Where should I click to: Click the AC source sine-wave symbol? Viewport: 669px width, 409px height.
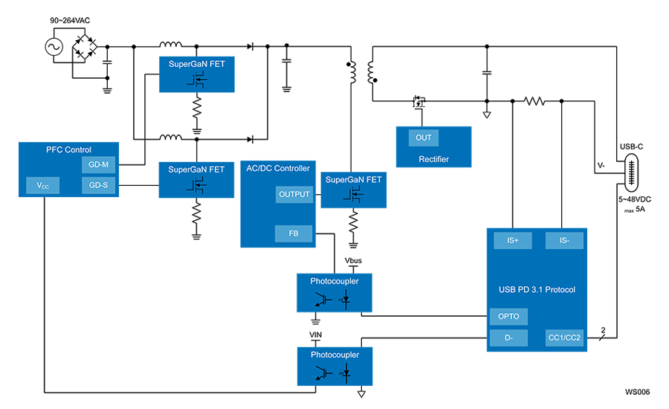click(x=54, y=47)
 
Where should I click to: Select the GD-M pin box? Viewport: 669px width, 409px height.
click(x=99, y=165)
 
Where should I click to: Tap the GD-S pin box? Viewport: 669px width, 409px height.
click(x=99, y=185)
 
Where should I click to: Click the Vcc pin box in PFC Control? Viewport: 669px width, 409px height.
click(x=38, y=185)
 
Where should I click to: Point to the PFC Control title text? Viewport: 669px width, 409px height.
click(x=68, y=149)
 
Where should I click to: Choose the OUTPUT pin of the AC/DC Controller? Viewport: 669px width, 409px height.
click(x=294, y=194)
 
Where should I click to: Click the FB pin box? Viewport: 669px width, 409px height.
click(x=294, y=233)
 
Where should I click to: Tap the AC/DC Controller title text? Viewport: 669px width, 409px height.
click(x=278, y=168)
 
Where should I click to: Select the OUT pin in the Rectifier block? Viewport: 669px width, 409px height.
click(x=423, y=138)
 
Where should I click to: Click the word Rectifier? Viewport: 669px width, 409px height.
click(x=433, y=159)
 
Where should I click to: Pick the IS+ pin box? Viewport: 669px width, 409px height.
click(x=513, y=240)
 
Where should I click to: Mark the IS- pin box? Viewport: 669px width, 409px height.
click(x=564, y=240)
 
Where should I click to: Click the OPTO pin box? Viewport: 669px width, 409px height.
click(x=508, y=316)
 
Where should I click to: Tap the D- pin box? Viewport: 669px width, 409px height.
click(x=508, y=338)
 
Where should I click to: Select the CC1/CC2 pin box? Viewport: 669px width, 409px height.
click(x=564, y=338)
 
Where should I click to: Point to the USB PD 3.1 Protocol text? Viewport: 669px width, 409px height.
click(x=537, y=289)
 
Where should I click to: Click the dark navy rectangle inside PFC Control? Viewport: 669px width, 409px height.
click(x=102, y=240)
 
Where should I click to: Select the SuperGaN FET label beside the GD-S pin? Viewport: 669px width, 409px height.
click(x=196, y=170)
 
